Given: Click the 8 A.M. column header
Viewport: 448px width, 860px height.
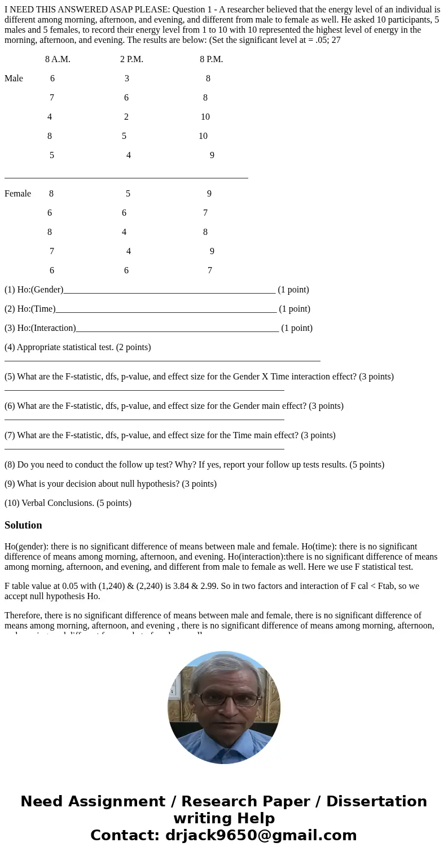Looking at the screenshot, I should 58,59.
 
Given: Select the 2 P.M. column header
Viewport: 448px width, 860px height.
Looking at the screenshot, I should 131,59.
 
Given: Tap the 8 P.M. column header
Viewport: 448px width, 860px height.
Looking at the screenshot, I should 211,59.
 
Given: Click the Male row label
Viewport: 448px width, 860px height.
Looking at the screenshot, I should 14,78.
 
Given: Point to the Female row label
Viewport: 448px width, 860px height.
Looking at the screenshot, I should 17,194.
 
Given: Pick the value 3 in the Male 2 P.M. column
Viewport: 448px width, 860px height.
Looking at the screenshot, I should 127,78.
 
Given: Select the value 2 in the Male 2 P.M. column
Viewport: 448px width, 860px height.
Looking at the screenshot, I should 126,117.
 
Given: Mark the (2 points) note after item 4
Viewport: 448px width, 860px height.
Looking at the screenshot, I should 133,347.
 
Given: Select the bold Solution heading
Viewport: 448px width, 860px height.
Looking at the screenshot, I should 23,525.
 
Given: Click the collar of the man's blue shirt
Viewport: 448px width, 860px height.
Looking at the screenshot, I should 225,745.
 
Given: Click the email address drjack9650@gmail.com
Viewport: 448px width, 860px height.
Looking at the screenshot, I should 261,836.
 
